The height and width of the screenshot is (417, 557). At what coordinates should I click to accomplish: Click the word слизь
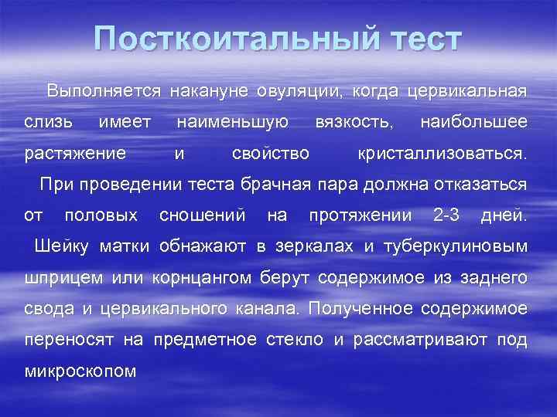tap(49, 122)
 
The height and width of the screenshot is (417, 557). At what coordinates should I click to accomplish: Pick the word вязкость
tap(354, 122)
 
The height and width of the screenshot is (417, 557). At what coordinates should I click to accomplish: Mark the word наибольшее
tap(473, 122)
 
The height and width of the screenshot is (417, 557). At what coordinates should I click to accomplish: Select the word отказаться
tap(486, 185)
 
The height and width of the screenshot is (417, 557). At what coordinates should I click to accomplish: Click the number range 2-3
tap(446, 215)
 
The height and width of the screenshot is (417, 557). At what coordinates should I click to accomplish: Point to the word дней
tap(504, 215)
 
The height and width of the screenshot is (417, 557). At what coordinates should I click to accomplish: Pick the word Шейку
tap(61, 246)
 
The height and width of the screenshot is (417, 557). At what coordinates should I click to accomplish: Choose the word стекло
tap(299, 340)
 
